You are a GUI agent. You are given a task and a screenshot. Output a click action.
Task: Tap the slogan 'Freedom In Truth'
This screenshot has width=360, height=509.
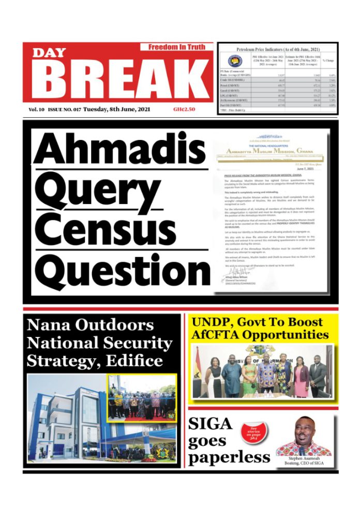tap(176, 47)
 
